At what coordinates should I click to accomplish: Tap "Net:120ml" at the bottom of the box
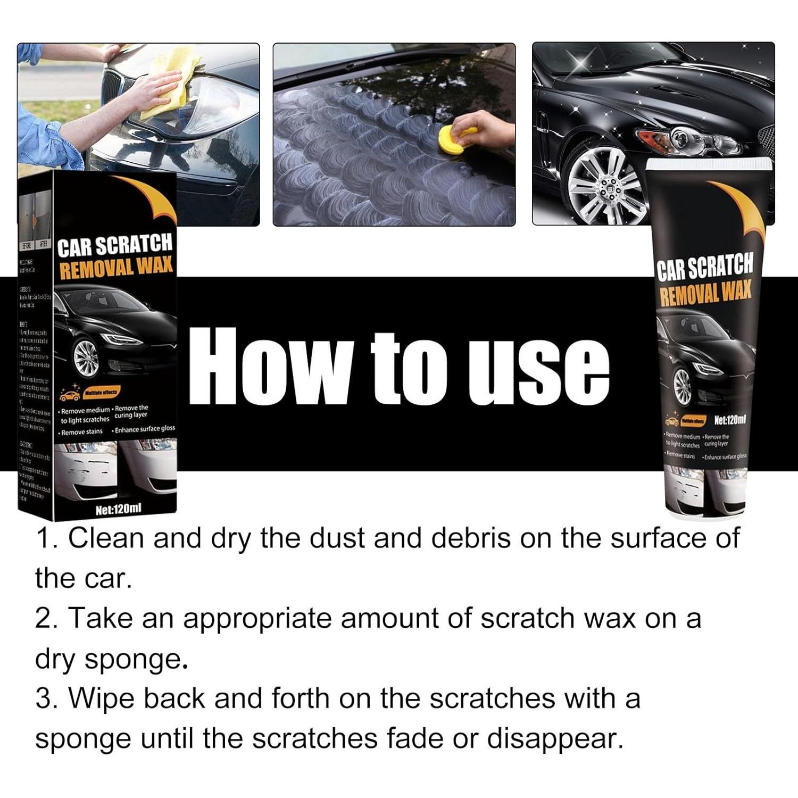click(x=118, y=510)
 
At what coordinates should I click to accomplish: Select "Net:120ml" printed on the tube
click(x=729, y=420)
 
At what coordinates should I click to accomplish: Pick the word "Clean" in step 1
click(x=106, y=538)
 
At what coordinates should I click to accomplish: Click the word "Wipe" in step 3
click(x=101, y=699)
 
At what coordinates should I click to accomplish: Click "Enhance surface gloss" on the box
click(x=144, y=429)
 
